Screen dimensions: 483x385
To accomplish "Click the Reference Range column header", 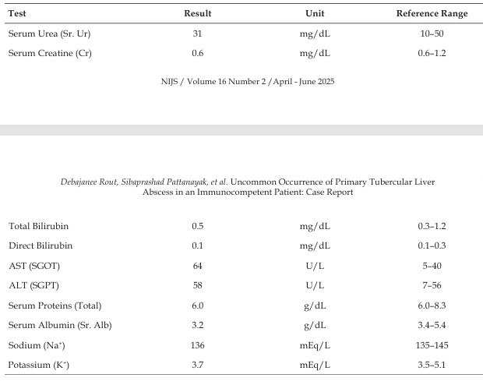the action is pyautogui.click(x=432, y=13).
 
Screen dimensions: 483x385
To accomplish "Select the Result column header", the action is pyautogui.click(x=197, y=13).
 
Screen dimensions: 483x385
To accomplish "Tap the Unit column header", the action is pyautogui.click(x=315, y=13).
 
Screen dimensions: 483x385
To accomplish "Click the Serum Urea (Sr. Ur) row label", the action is pyautogui.click(x=49, y=34).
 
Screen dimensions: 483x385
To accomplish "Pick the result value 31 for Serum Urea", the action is pyautogui.click(x=197, y=34).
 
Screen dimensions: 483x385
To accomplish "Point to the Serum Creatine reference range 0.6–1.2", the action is pyautogui.click(x=432, y=53).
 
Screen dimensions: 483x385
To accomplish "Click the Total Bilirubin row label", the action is pyautogui.click(x=38, y=226).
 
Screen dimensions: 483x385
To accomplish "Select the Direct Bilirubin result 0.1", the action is pyautogui.click(x=197, y=245).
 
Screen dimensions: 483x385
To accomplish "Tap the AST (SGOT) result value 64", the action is pyautogui.click(x=197, y=266).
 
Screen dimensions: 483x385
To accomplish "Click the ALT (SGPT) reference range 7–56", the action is pyautogui.click(x=432, y=285).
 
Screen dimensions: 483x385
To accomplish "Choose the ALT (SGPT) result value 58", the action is pyautogui.click(x=197, y=285).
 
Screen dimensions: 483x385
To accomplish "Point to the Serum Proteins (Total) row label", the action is pyautogui.click(x=55, y=306).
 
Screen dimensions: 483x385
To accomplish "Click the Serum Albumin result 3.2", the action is pyautogui.click(x=197, y=325).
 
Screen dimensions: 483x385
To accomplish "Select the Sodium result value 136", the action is pyautogui.click(x=197, y=345).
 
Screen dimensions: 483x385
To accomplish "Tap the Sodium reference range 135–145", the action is pyautogui.click(x=432, y=345).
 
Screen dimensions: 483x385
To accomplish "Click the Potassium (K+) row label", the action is pyautogui.click(x=38, y=365).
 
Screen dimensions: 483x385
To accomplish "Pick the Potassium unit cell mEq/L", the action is pyautogui.click(x=315, y=365).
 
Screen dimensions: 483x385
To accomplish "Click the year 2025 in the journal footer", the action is pyautogui.click(x=326, y=81).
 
